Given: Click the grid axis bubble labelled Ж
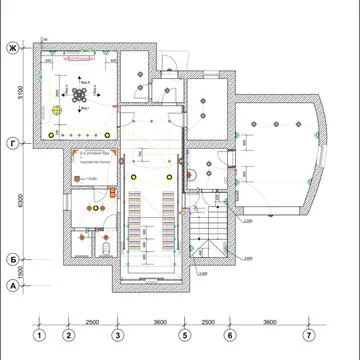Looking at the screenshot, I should (13, 47).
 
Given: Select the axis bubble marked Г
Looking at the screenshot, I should (13, 141).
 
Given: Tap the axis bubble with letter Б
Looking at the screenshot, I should (13, 258).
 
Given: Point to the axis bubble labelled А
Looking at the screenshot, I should (13, 286).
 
